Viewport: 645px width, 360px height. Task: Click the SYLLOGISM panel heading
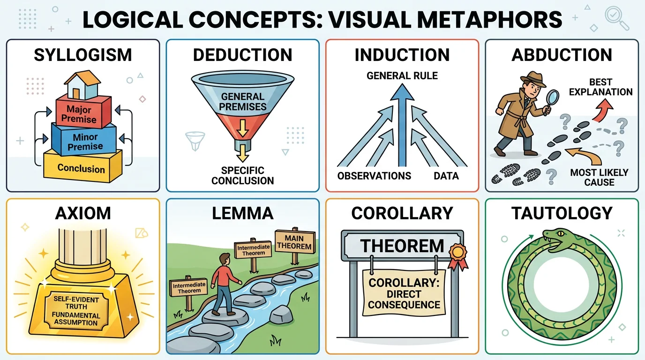83,55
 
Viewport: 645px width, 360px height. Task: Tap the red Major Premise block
83,112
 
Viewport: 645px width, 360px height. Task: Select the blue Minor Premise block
84,140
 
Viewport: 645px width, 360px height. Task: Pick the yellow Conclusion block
82,166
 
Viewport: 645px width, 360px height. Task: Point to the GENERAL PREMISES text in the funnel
242,101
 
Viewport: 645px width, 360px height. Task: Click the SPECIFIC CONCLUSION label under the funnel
242,175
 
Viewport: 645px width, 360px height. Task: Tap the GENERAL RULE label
402,76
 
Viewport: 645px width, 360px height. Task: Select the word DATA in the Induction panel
446,176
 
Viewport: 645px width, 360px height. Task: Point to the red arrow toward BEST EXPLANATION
602,110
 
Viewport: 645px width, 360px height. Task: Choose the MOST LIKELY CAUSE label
599,177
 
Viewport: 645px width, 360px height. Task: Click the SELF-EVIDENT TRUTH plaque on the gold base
76,311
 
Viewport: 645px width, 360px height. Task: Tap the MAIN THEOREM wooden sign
294,242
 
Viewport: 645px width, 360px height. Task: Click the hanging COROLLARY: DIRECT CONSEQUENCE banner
404,293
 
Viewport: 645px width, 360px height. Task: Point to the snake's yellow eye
560,233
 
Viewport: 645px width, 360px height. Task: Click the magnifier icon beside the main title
617,18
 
